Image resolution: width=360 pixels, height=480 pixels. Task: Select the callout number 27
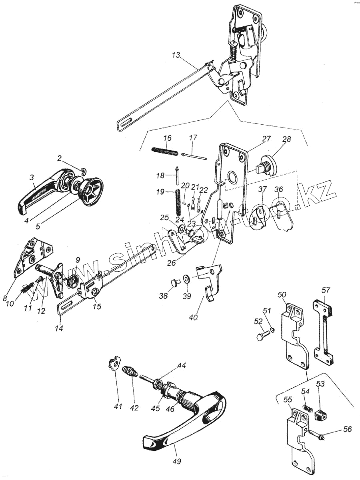coord(266,139)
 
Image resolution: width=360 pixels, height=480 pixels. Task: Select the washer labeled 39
coord(186,278)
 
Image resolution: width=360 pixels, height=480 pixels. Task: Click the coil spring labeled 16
coord(165,151)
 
